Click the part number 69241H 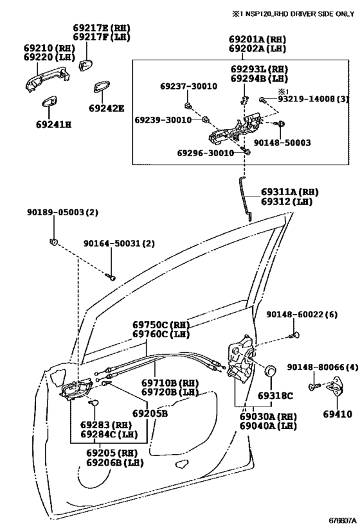(54, 125)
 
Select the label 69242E (107, 109)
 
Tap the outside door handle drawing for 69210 (47, 80)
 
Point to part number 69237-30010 (188, 86)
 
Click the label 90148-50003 (282, 143)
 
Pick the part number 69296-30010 (206, 153)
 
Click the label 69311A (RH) (290, 192)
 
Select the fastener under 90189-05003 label (53, 241)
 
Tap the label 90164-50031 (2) (119, 243)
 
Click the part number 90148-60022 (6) (302, 314)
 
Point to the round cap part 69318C (271, 371)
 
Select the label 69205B (150, 414)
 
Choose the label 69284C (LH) (109, 434)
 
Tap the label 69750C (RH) (161, 325)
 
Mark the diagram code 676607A (342, 520)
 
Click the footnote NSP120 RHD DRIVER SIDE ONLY (293, 13)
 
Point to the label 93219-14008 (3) (313, 99)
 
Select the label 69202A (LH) (258, 49)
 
